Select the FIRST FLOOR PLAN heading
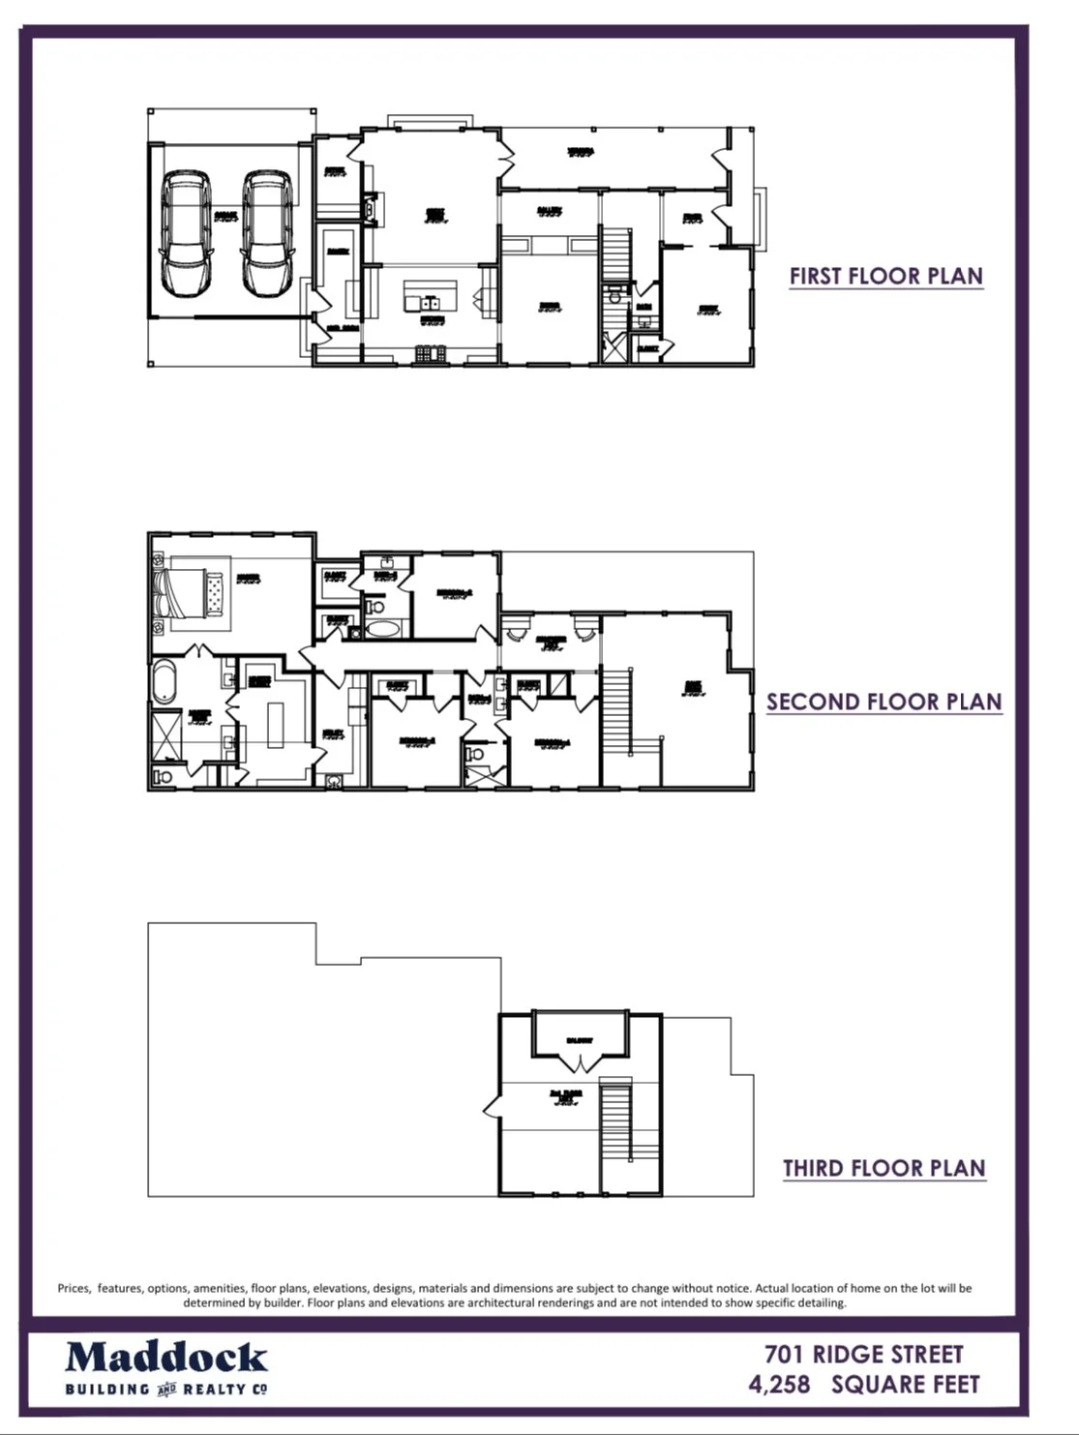(x=885, y=276)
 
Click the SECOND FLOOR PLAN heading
(x=884, y=702)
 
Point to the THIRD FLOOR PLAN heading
(x=884, y=1168)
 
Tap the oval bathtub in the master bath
(x=164, y=683)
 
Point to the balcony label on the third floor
(x=580, y=1041)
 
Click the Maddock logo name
(x=166, y=1358)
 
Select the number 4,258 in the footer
(x=779, y=1385)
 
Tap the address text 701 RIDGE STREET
(x=863, y=1354)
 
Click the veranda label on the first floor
(x=580, y=152)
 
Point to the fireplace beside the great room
(x=371, y=206)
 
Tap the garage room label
(x=225, y=218)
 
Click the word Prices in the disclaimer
(x=74, y=1288)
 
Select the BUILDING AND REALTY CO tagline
(x=165, y=1390)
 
